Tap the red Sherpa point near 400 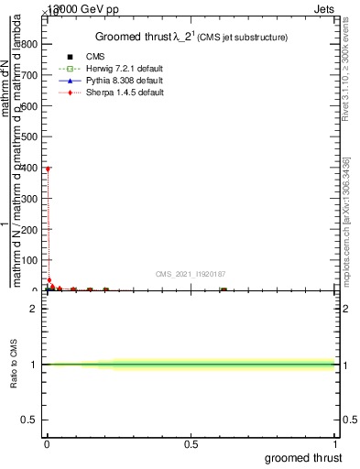click(48, 169)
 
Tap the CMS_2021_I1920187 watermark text click(191, 273)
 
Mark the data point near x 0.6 click(223, 289)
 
